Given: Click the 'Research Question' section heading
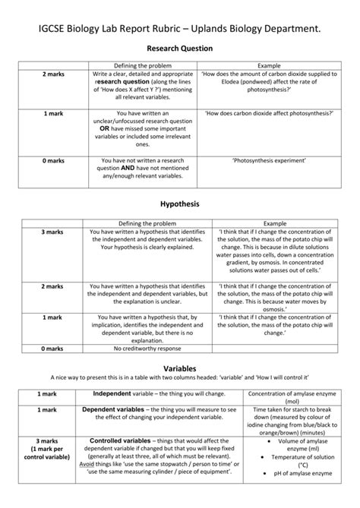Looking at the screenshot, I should pyautogui.click(x=180, y=48).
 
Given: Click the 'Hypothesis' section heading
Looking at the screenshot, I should pyautogui.click(x=180, y=205).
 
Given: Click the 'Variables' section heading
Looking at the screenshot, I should pyautogui.click(x=180, y=367).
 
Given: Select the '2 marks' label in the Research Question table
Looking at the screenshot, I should pyautogui.click(x=53, y=74).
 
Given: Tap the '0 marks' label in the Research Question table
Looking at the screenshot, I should pyautogui.click(x=53, y=161).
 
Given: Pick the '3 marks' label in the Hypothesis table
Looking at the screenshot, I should pyautogui.click(x=53, y=232).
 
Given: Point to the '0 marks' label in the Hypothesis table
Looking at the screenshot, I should pyautogui.click(x=53, y=349).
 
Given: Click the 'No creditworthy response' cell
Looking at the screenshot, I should pyautogui.click(x=147, y=349).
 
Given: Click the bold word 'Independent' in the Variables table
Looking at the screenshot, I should pyautogui.click(x=112, y=394).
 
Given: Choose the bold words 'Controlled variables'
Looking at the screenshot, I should pyautogui.click(x=120, y=440).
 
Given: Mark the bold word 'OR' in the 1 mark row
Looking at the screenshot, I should pyautogui.click(x=105, y=129).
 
